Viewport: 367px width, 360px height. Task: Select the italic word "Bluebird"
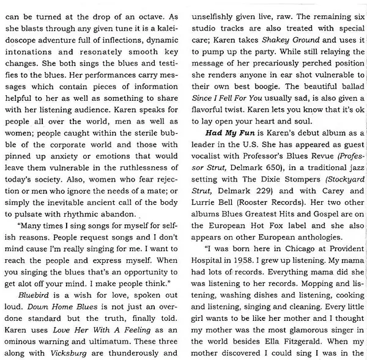point(35,293)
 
